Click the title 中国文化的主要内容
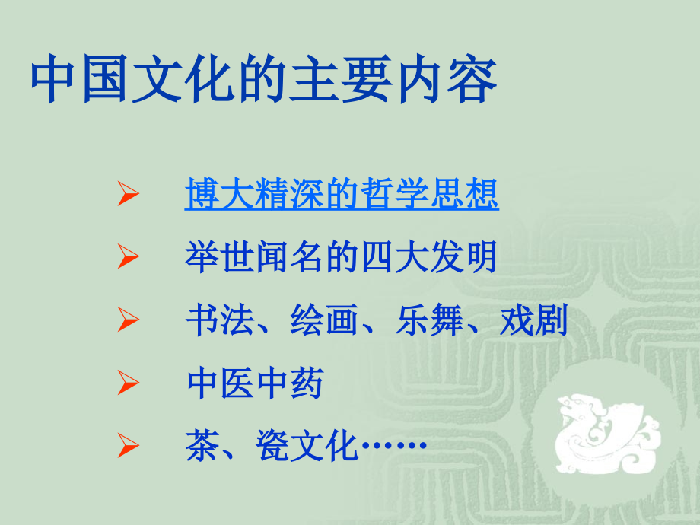[264, 81]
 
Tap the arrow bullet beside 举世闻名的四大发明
[127, 259]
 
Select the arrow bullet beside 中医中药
[127, 386]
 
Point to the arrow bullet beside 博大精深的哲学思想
[127, 197]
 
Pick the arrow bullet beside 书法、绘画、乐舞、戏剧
[127, 323]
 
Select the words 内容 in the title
[465, 81]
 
